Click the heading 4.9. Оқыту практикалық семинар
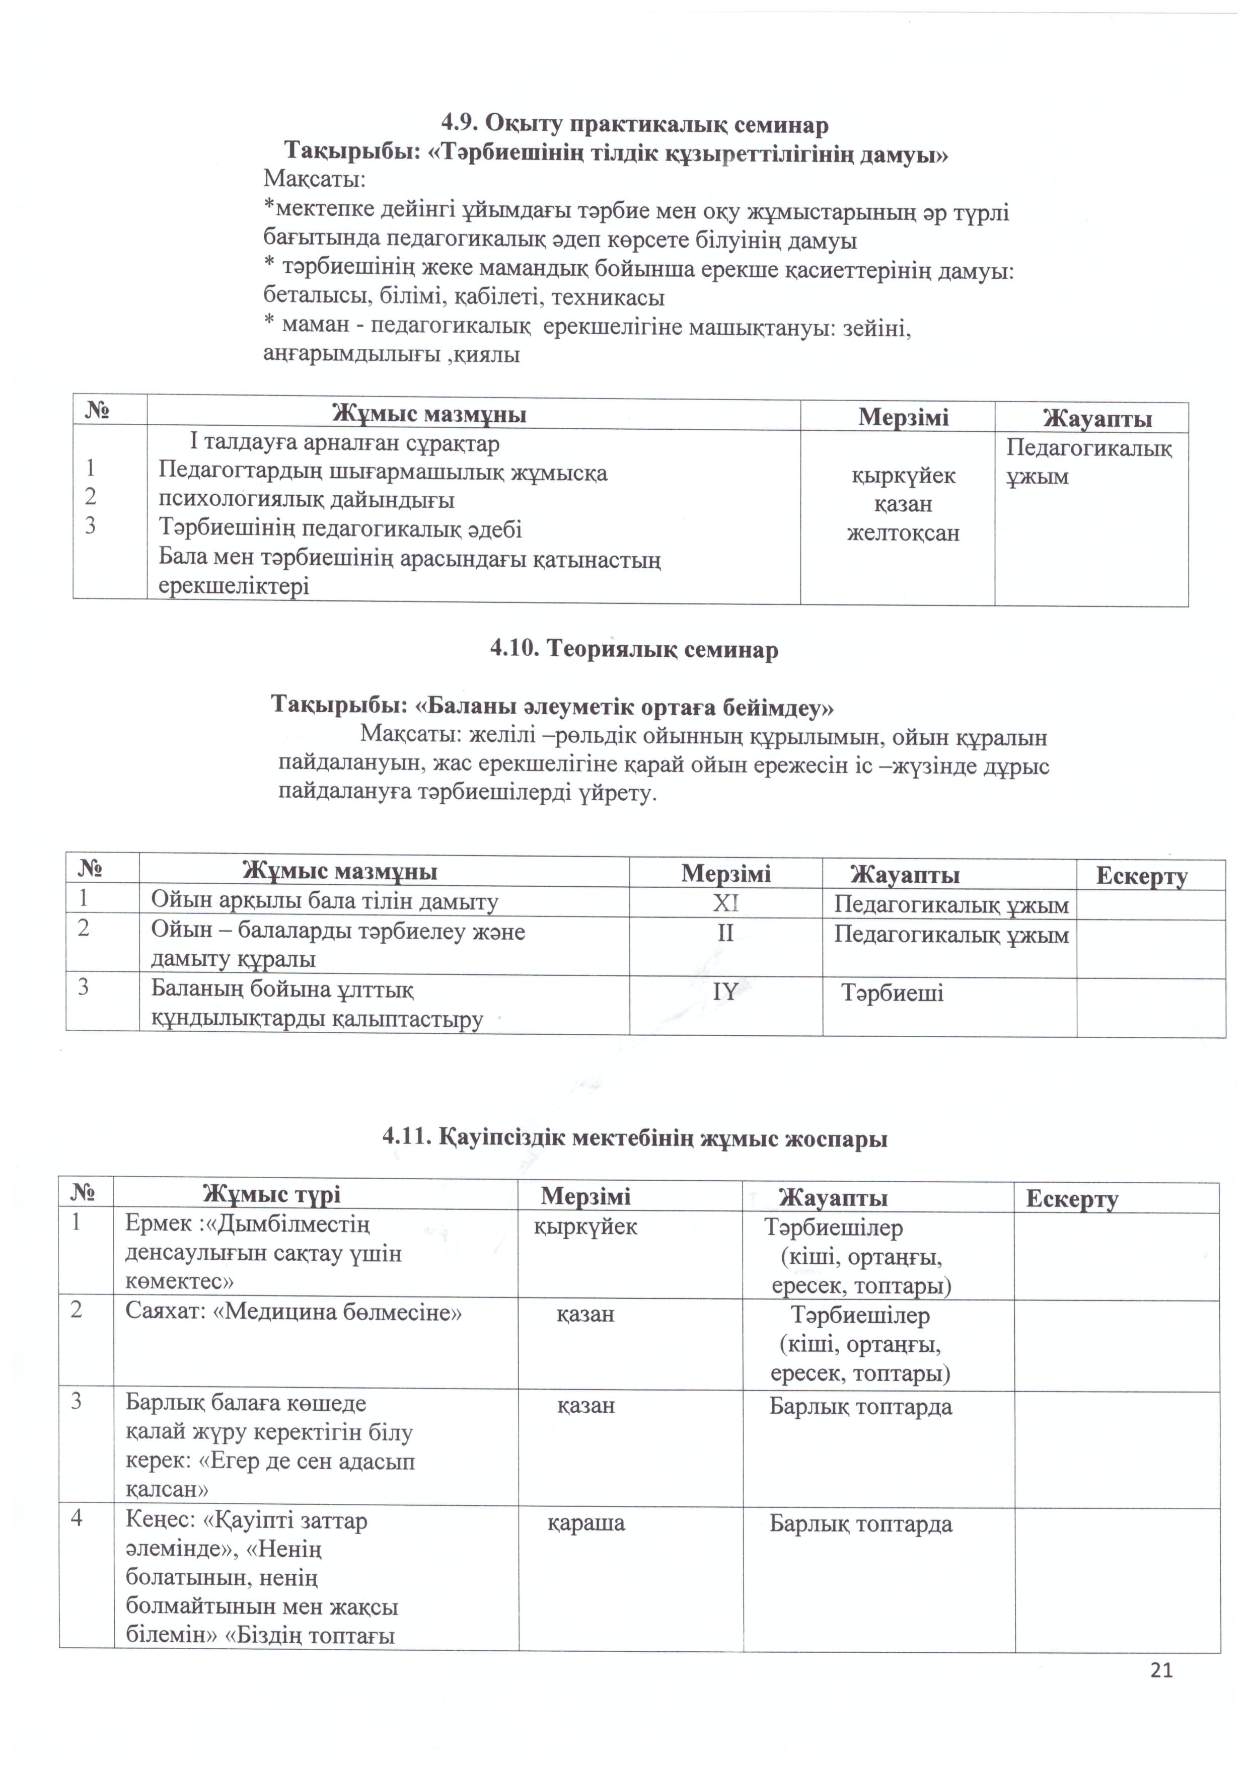coord(634,124)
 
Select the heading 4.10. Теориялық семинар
coord(634,650)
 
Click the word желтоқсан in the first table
coord(903,533)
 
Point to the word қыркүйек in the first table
coord(903,475)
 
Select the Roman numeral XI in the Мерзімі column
coord(725,902)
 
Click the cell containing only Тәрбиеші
coord(892,992)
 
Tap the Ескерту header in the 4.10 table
coord(1141,876)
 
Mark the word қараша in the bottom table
coord(586,1523)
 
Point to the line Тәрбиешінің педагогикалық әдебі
coord(340,529)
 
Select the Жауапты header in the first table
coord(1097,418)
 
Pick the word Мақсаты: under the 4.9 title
coord(315,180)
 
